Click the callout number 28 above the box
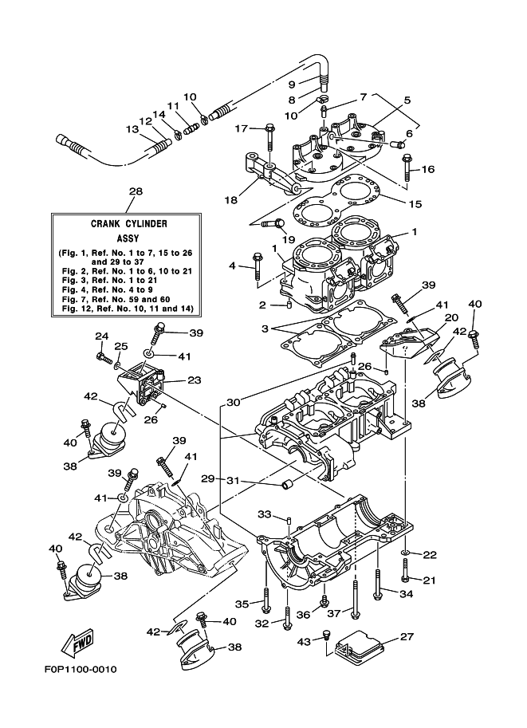(x=136, y=191)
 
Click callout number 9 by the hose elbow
(x=292, y=85)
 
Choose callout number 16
(x=428, y=169)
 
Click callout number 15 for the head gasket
(x=415, y=204)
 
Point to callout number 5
(x=407, y=100)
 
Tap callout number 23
(x=194, y=381)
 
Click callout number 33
(x=264, y=513)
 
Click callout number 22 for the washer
(x=429, y=555)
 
